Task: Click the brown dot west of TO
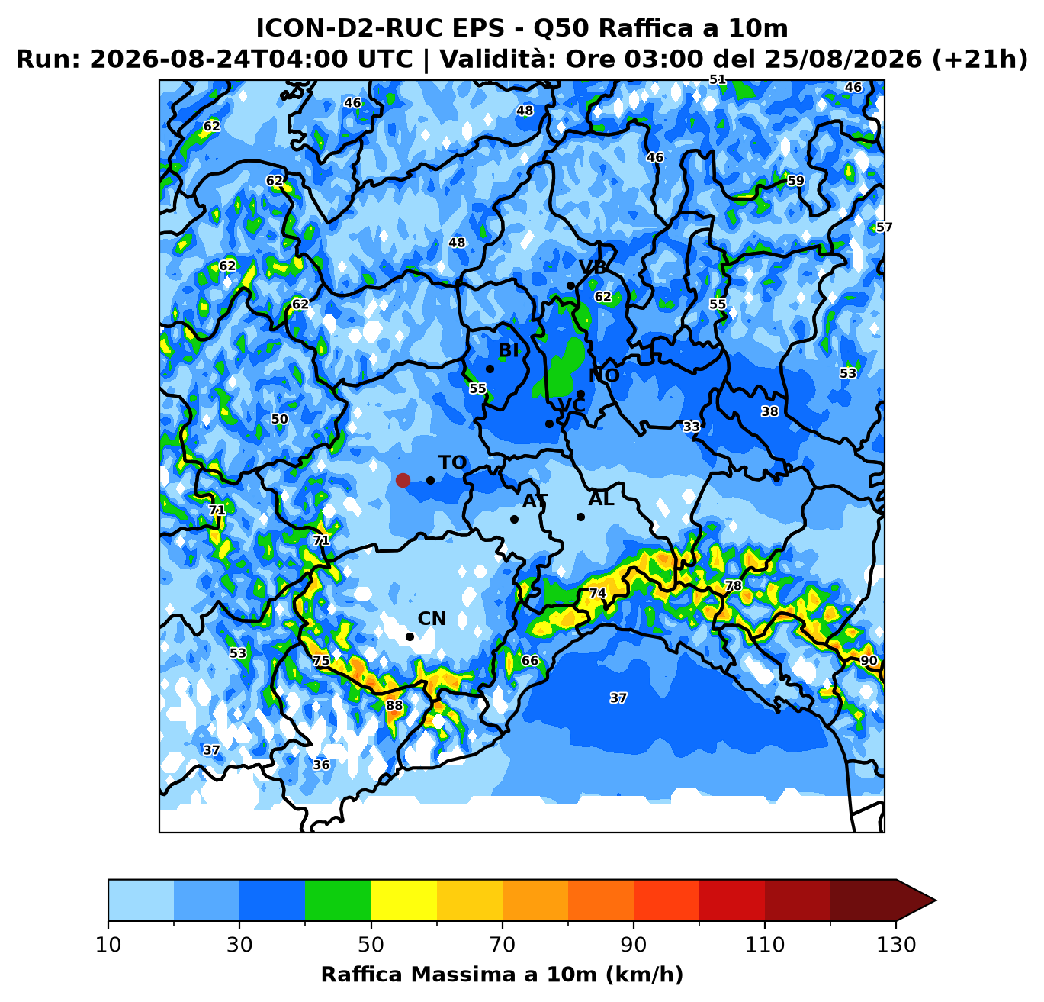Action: tap(403, 480)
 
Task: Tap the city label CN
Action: tap(432, 619)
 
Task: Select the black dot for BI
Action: tap(490, 369)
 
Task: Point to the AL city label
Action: tap(601, 499)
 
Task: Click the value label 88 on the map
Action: tap(394, 705)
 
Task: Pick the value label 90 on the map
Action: tap(869, 660)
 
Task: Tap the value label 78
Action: tap(734, 586)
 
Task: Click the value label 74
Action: tap(598, 593)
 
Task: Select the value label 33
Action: tap(692, 427)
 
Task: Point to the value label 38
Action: tap(770, 411)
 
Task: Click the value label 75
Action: tap(321, 660)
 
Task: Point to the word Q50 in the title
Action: tap(561, 28)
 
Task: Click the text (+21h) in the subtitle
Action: tap(979, 59)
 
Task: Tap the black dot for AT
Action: tap(514, 519)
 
